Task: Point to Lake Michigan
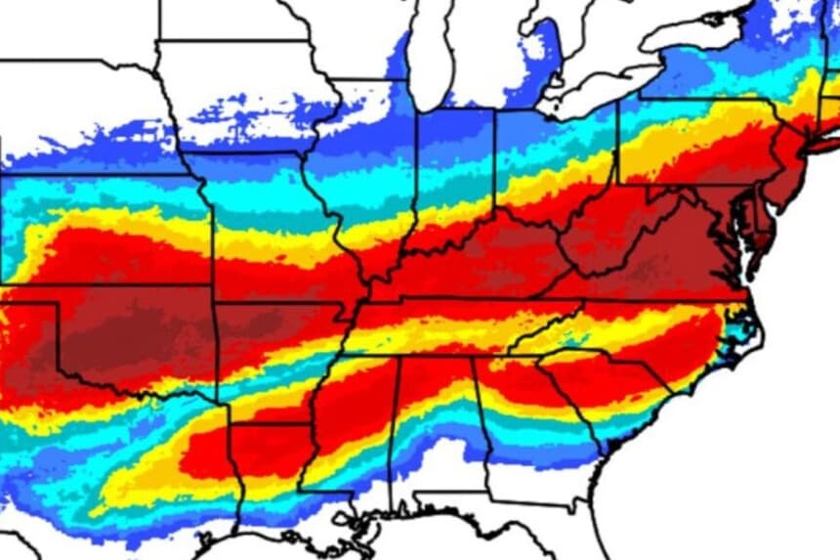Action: point(430,49)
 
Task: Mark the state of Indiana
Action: point(455,171)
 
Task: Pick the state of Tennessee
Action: point(469,323)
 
